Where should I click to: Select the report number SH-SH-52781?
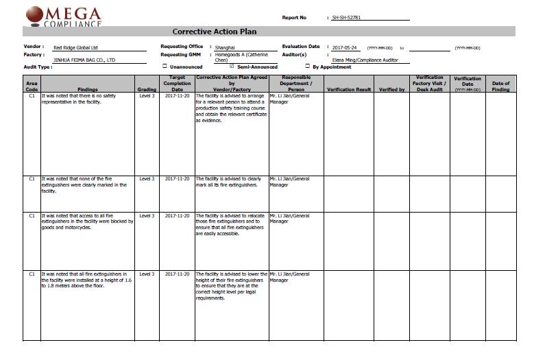pos(345,17)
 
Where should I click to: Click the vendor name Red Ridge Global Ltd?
pos(76,48)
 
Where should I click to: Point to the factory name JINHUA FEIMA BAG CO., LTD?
pos(84,60)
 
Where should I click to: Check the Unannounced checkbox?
pos(165,67)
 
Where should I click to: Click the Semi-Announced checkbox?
pos(232,67)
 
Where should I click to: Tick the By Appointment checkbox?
pos(308,67)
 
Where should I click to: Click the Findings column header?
pos(88,89)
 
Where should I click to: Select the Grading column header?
pos(147,89)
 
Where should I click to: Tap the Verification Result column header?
pos(349,89)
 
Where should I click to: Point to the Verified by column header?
pos(392,89)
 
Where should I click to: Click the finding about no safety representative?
pos(79,99)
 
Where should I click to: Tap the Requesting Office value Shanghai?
pos(226,47)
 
